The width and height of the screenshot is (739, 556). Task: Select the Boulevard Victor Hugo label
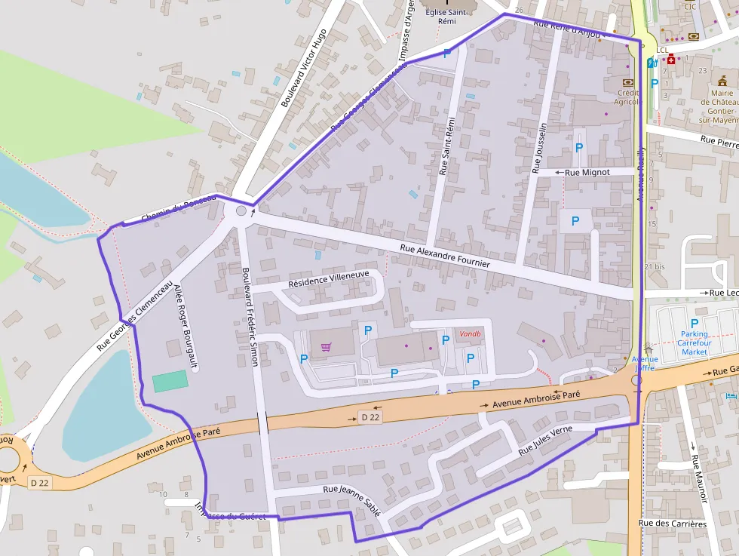pyautogui.click(x=303, y=69)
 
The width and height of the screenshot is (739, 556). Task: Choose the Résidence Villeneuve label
pyautogui.click(x=329, y=281)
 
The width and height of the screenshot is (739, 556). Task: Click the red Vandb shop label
pyautogui.click(x=470, y=333)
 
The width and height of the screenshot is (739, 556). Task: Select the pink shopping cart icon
pyautogui.click(x=326, y=347)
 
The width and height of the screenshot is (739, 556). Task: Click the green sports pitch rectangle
pyautogui.click(x=170, y=381)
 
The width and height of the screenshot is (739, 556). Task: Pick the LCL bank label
pyautogui.click(x=662, y=51)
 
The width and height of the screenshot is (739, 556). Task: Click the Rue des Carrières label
pyautogui.click(x=672, y=523)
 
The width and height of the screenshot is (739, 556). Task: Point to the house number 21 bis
pyautogui.click(x=655, y=267)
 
